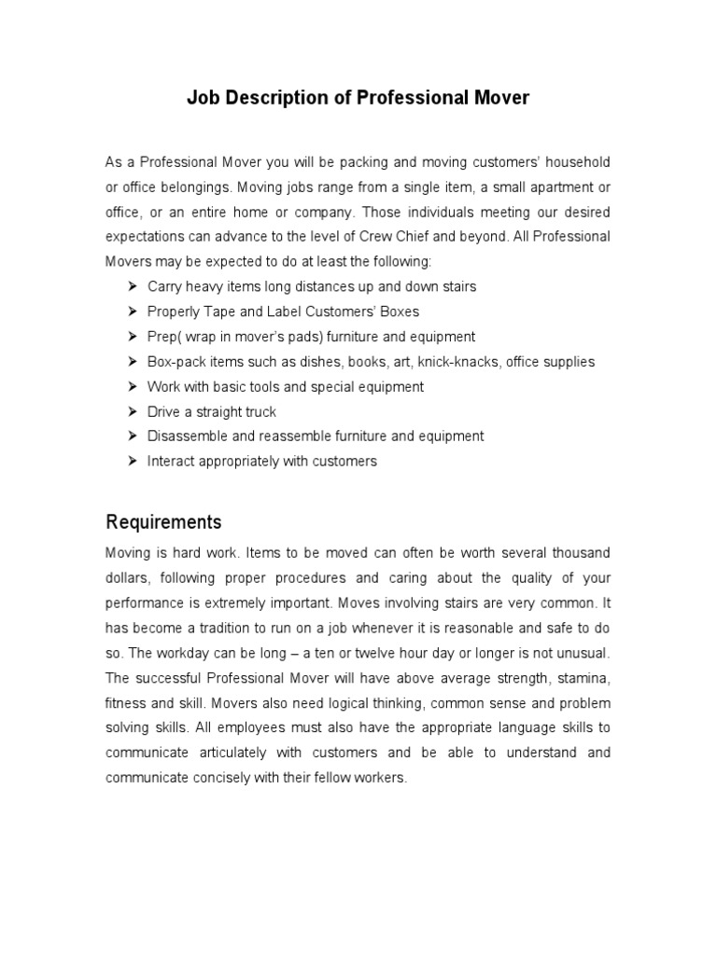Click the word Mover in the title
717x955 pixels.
502,98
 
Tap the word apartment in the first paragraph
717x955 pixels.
555,187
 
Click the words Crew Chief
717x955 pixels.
420,237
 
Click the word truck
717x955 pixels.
259,411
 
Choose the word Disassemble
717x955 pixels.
185,436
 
